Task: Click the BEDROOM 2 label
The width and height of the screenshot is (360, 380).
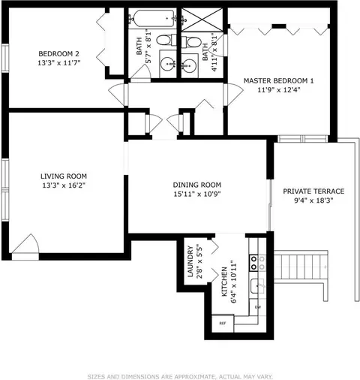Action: pos(58,54)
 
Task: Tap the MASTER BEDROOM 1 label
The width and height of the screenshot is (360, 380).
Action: pos(278,81)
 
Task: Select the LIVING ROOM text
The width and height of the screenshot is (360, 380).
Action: pos(64,176)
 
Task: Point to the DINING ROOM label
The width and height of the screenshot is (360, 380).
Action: pos(197,185)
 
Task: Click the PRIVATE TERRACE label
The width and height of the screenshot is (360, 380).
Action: pos(313,192)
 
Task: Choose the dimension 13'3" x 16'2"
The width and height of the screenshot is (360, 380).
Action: pos(64,185)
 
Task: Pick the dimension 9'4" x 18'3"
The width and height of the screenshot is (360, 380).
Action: pos(313,201)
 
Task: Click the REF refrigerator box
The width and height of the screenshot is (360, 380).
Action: pos(223,323)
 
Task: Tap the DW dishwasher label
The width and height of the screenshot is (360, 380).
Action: pos(258,307)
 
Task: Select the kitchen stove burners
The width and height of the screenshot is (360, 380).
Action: pos(257,263)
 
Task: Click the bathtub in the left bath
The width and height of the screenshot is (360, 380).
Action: pos(154,18)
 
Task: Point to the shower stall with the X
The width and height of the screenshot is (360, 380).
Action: pos(202,20)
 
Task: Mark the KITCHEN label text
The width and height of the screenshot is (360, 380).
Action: pos(224,282)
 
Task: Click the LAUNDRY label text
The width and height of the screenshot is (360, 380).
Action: pos(190,261)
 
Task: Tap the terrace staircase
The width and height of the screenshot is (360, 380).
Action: pos(301,267)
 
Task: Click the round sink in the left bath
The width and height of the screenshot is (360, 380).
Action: pos(168,64)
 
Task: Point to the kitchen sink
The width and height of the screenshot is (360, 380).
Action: pos(257,285)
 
